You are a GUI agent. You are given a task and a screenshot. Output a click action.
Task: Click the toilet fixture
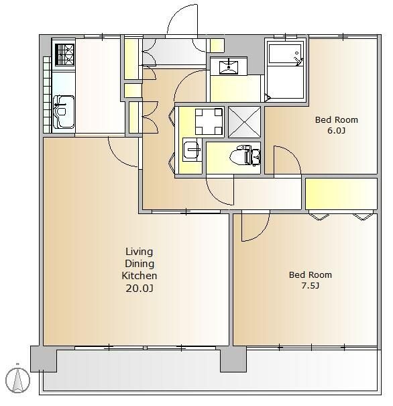pyautogui.click(x=245, y=156)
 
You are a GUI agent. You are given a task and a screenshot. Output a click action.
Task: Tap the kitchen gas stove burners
pyautogui.click(x=64, y=54)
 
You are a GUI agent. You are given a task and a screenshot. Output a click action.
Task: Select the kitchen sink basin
pyautogui.click(x=64, y=112)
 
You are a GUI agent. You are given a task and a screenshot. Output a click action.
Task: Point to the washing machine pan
pyautogui.click(x=209, y=121)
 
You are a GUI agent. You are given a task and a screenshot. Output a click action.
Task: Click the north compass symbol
pyautogui.click(x=17, y=380)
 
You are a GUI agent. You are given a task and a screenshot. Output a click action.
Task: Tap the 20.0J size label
pyautogui.click(x=139, y=288)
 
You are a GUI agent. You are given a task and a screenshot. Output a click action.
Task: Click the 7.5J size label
pyautogui.click(x=310, y=286)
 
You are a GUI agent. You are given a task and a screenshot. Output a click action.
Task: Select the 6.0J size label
pyautogui.click(x=336, y=130)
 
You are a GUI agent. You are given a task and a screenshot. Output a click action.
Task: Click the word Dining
pyautogui.click(x=139, y=264)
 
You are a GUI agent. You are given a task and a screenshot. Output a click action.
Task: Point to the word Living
pyautogui.click(x=139, y=252)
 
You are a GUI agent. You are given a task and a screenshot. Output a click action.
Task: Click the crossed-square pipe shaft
pyautogui.click(x=244, y=122)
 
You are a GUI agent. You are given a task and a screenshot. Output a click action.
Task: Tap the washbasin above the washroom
pyautogui.click(x=229, y=66)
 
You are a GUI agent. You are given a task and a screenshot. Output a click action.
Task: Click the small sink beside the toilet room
pyautogui.click(x=192, y=150)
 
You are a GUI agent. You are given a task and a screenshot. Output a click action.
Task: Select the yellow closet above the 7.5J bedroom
pyautogui.click(x=341, y=194)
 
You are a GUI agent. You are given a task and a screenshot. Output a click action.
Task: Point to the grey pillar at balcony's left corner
pyautogui.click(x=44, y=359)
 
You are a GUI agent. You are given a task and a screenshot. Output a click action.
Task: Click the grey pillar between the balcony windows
pyautogui.click(x=233, y=360)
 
